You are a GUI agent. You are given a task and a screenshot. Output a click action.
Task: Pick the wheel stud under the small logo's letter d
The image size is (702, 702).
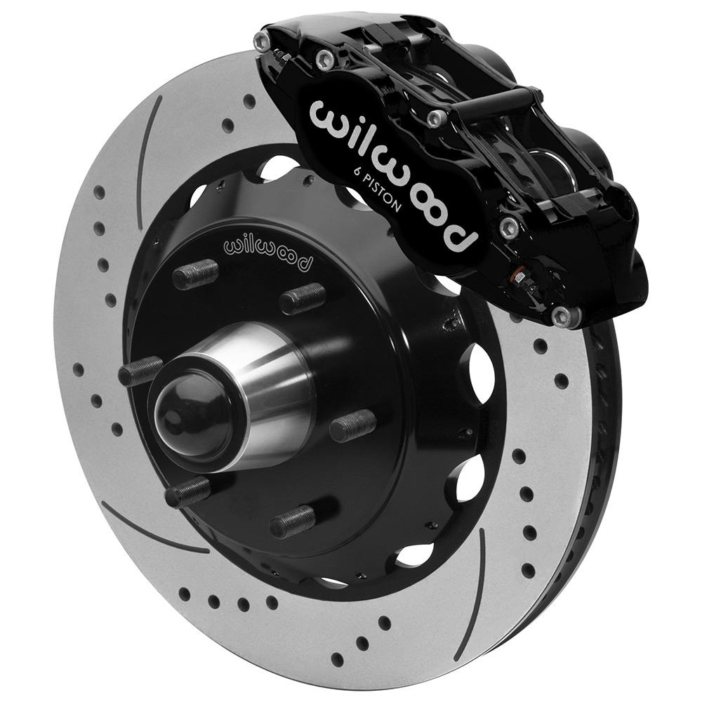[x=303, y=299]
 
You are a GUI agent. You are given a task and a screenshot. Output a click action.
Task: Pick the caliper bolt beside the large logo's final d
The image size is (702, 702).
[x=508, y=226]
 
